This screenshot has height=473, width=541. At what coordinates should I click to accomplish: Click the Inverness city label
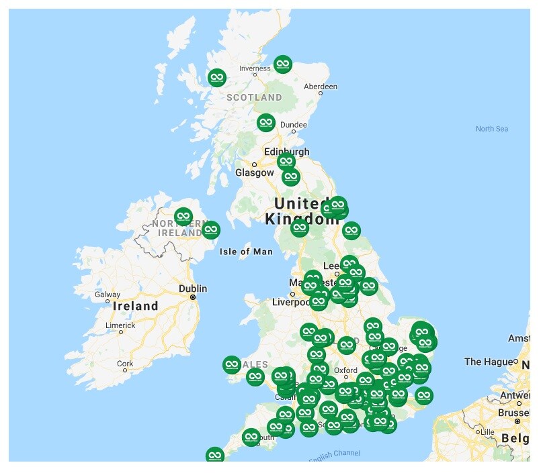[x=255, y=68]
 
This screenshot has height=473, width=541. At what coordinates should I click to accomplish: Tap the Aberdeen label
[x=321, y=87]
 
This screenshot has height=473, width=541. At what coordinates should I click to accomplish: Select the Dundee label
[x=293, y=124]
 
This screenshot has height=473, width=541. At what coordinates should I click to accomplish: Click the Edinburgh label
[x=287, y=152]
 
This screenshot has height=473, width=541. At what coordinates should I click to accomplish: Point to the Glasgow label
[x=254, y=172]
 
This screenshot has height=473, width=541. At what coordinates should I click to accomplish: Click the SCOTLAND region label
[x=254, y=97]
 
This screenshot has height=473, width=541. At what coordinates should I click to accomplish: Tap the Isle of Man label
[x=246, y=252]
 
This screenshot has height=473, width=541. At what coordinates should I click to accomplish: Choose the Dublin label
[x=193, y=288]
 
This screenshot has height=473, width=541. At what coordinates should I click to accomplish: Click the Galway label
[x=108, y=294]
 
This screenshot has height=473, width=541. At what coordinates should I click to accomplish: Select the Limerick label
[x=120, y=325]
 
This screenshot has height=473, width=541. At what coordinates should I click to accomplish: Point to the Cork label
[x=125, y=364]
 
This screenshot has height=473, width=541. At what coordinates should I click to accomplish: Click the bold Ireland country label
[x=136, y=306]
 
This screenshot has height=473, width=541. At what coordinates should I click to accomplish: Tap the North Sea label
[x=491, y=128]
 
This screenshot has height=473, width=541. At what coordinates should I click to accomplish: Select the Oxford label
[x=346, y=370]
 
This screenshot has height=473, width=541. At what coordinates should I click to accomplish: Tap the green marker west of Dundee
[x=266, y=122]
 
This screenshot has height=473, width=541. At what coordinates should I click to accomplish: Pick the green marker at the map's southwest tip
[x=214, y=456]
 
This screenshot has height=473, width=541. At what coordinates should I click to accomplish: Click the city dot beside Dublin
[x=193, y=297]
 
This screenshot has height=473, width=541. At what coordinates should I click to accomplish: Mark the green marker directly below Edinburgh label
[x=286, y=162]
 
